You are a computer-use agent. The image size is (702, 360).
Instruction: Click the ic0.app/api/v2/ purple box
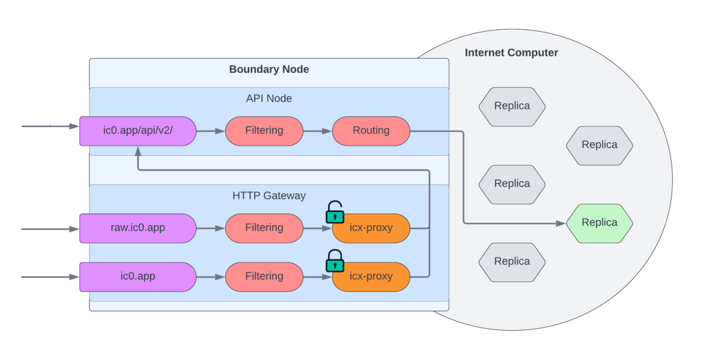pyautogui.click(x=137, y=131)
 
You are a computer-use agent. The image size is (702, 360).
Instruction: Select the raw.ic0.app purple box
pyautogui.click(x=137, y=228)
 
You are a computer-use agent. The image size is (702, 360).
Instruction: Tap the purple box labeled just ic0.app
pyautogui.click(x=137, y=276)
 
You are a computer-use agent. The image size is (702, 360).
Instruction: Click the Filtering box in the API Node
pyautogui.click(x=264, y=131)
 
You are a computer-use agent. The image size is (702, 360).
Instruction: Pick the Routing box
pyautogui.click(x=371, y=131)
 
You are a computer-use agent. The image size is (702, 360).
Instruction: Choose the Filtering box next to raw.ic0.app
pyautogui.click(x=264, y=228)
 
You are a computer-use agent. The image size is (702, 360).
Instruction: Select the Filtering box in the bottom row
pyautogui.click(x=264, y=276)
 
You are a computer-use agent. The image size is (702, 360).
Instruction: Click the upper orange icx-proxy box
pyautogui.click(x=371, y=228)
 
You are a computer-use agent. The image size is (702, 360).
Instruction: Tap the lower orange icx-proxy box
pyautogui.click(x=371, y=276)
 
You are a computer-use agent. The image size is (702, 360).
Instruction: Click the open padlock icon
pyautogui.click(x=335, y=213)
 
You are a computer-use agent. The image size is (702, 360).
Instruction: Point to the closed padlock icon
pyautogui.click(x=335, y=262)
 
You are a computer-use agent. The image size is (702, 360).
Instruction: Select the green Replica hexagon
pyautogui.click(x=599, y=223)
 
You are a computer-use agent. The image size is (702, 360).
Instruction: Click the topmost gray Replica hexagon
pyautogui.click(x=512, y=107)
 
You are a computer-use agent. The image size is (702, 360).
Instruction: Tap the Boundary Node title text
pyautogui.click(x=269, y=70)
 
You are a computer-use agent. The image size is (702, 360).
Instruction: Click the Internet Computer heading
pyautogui.click(x=511, y=53)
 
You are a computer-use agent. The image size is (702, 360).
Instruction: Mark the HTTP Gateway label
pyautogui.click(x=269, y=196)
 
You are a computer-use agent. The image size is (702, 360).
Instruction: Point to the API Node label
pyautogui.click(x=269, y=98)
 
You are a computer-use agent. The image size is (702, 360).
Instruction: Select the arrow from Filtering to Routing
pyautogui.click(x=317, y=131)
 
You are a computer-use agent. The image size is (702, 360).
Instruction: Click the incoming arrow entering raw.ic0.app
pyautogui.click(x=50, y=229)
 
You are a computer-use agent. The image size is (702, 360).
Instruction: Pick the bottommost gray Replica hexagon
pyautogui.click(x=512, y=262)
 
